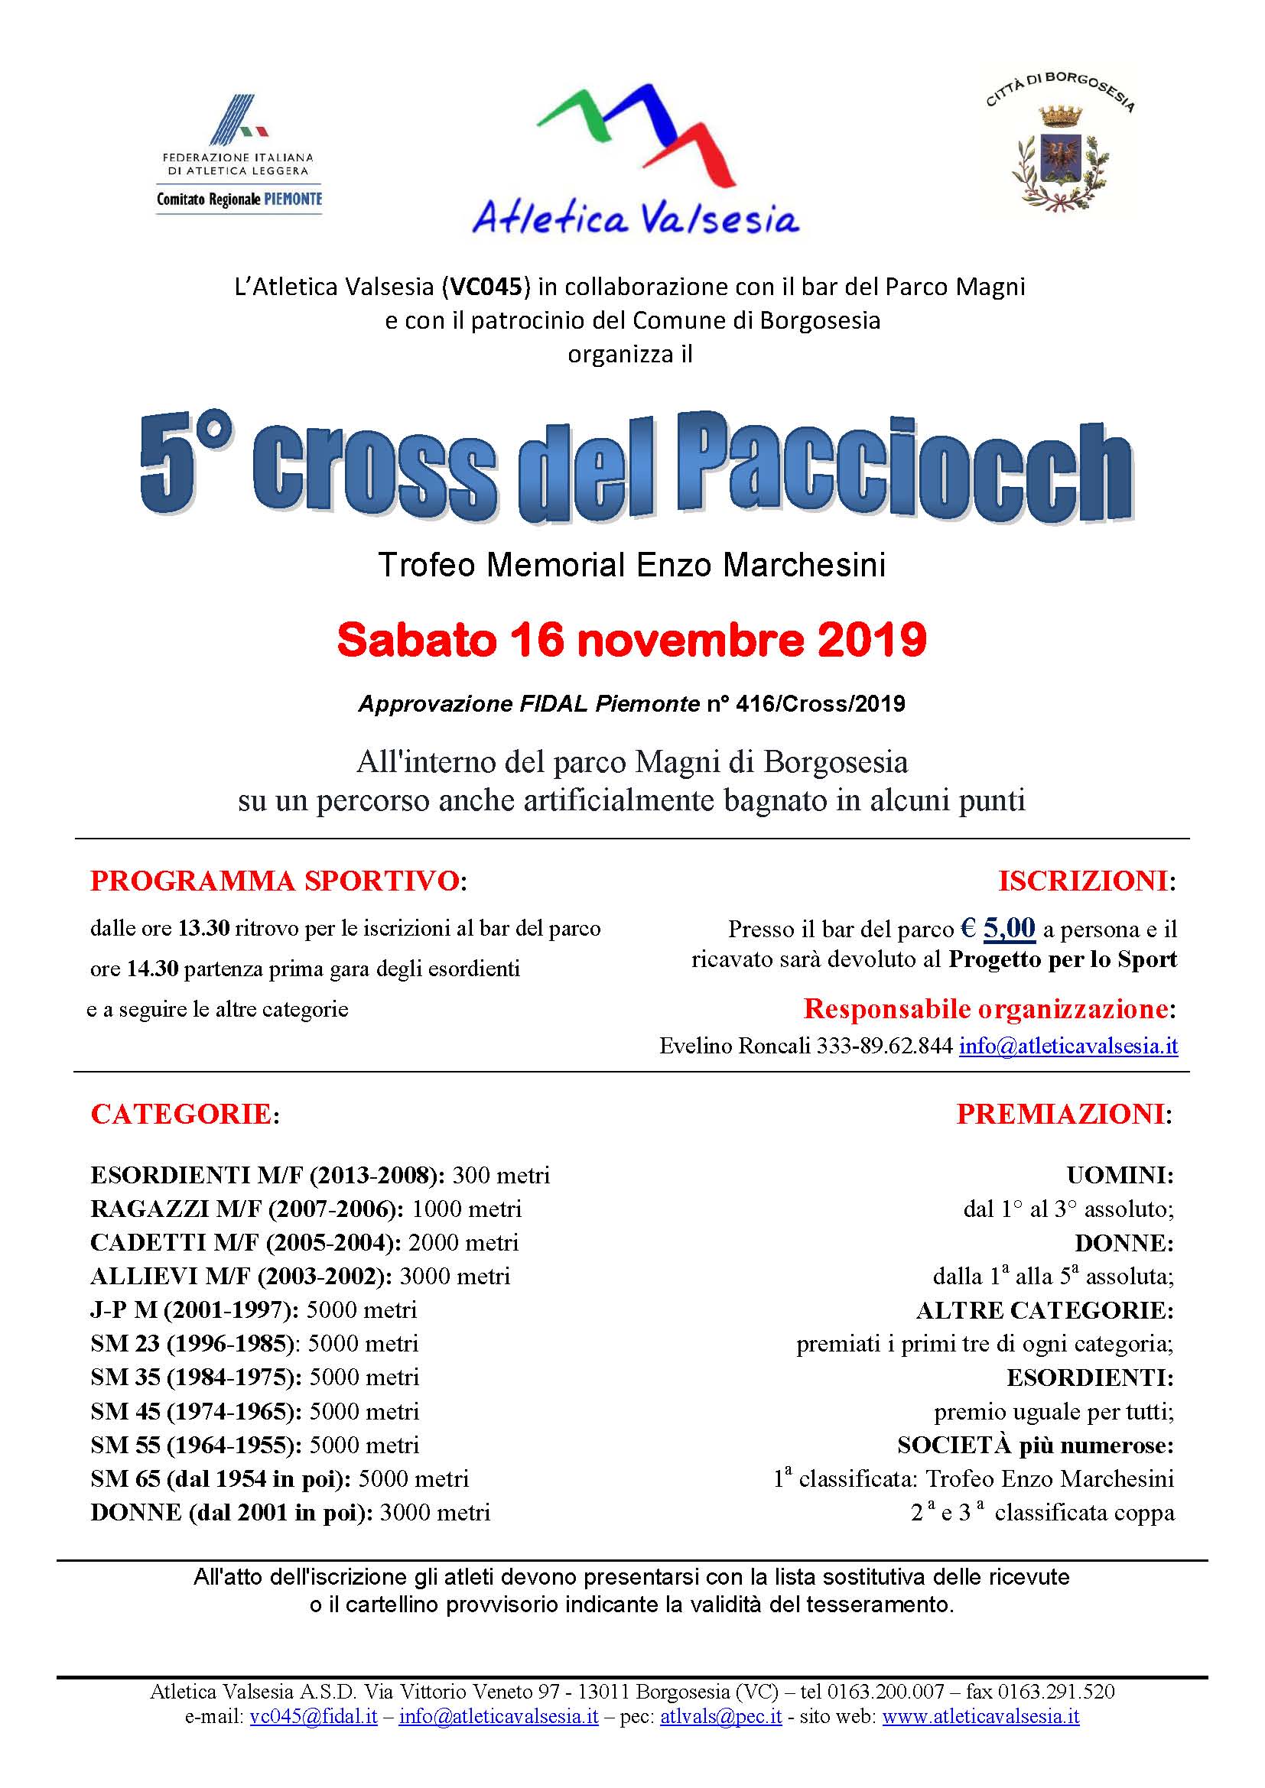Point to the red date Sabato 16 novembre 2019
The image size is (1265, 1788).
click(632, 640)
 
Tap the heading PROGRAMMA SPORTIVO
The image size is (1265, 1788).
click(275, 881)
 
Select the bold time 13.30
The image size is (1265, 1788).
click(203, 928)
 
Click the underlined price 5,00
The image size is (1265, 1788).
click(1009, 927)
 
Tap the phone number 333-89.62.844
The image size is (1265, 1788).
click(884, 1046)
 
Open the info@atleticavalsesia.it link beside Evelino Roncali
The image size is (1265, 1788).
click(1068, 1046)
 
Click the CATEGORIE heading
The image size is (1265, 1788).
click(180, 1115)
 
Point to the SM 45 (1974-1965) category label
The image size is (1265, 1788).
click(196, 1411)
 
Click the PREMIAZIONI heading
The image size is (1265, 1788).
click(1060, 1115)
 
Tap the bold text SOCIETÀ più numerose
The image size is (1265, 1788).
click(1035, 1446)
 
